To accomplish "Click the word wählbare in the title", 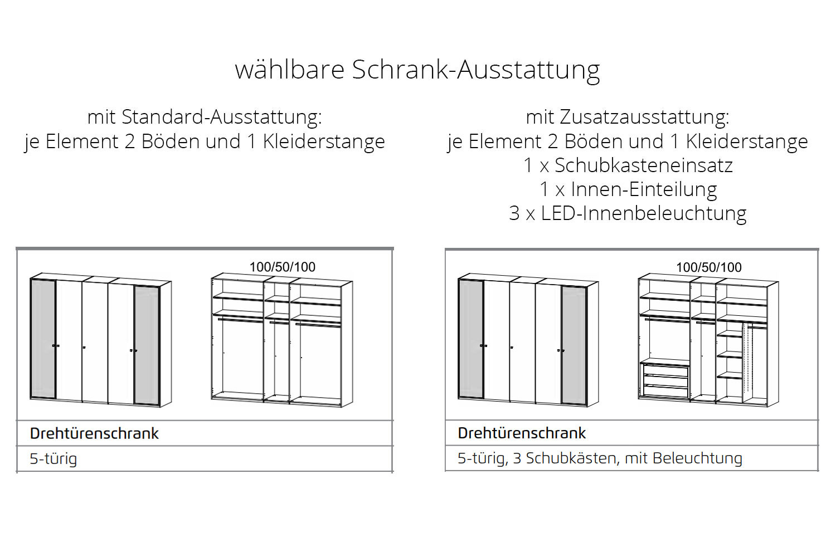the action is (x=290, y=69).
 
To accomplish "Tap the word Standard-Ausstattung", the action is (x=221, y=117).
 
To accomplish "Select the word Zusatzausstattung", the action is (x=644, y=117).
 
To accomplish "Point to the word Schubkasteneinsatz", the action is (x=643, y=165).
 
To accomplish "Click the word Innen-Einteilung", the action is (x=644, y=189).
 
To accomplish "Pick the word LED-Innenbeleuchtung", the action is (x=643, y=213).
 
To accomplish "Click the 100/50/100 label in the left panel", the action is (x=283, y=267).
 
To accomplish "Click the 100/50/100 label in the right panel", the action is (x=709, y=267).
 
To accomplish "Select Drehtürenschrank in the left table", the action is (x=94, y=433).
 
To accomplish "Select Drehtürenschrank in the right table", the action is (x=522, y=433).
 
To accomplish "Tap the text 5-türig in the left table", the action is (x=54, y=459).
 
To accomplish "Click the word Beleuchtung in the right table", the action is (x=698, y=458).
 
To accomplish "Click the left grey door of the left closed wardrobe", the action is (x=43, y=339).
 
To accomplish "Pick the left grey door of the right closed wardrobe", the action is (x=470, y=339).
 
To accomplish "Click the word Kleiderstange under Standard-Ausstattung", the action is (x=324, y=141).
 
